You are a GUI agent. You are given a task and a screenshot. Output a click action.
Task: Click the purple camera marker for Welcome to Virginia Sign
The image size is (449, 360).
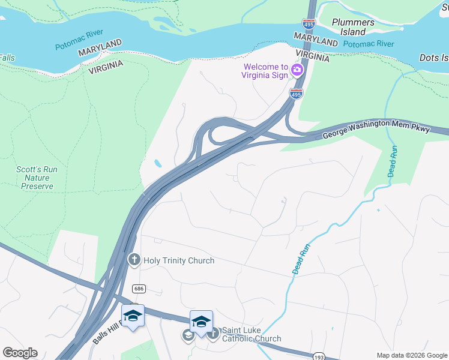click(x=297, y=71)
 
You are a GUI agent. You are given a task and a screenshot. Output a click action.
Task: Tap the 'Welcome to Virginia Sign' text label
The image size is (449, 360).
click(x=265, y=71)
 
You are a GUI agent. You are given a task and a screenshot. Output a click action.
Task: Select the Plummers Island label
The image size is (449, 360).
click(x=353, y=27)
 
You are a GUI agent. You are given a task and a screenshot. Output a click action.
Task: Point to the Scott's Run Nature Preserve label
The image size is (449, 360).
click(x=36, y=178)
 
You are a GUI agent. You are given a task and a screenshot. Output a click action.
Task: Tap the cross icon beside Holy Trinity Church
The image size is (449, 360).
click(x=134, y=260)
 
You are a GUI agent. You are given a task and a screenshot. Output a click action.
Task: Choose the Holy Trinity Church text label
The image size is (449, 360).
click(x=178, y=260)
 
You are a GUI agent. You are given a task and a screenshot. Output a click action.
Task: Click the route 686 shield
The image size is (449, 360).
click(x=139, y=289)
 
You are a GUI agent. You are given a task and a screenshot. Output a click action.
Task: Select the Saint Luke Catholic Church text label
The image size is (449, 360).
click(x=251, y=334)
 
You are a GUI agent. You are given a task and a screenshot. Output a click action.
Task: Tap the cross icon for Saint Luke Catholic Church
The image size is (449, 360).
click(x=213, y=334)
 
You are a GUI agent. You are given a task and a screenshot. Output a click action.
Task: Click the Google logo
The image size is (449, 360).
click(x=20, y=353)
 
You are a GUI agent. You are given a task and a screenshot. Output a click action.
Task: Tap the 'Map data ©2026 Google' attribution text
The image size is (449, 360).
click(x=412, y=355)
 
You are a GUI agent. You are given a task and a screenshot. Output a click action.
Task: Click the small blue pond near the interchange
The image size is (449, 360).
click(x=157, y=163)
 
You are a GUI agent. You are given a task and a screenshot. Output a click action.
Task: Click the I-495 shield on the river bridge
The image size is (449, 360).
click(x=309, y=25)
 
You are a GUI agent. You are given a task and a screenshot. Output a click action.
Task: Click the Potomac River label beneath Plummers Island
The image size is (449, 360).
click(x=369, y=44)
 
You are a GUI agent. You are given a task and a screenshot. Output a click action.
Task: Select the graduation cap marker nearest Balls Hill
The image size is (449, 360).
click(x=133, y=316)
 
